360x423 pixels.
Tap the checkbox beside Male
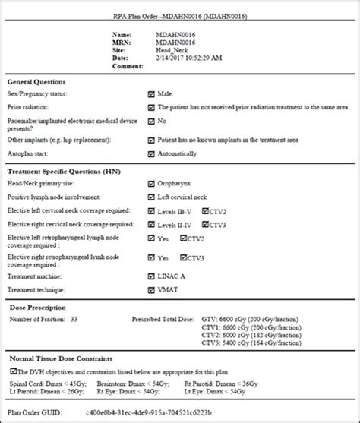pyautogui.click(x=152, y=94)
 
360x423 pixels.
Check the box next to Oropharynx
pyautogui.click(x=152, y=183)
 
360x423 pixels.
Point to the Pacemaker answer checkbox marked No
pyautogui.click(x=152, y=121)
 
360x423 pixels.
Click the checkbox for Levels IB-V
pyautogui.click(x=152, y=212)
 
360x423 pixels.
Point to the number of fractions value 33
pyautogui.click(x=74, y=319)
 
